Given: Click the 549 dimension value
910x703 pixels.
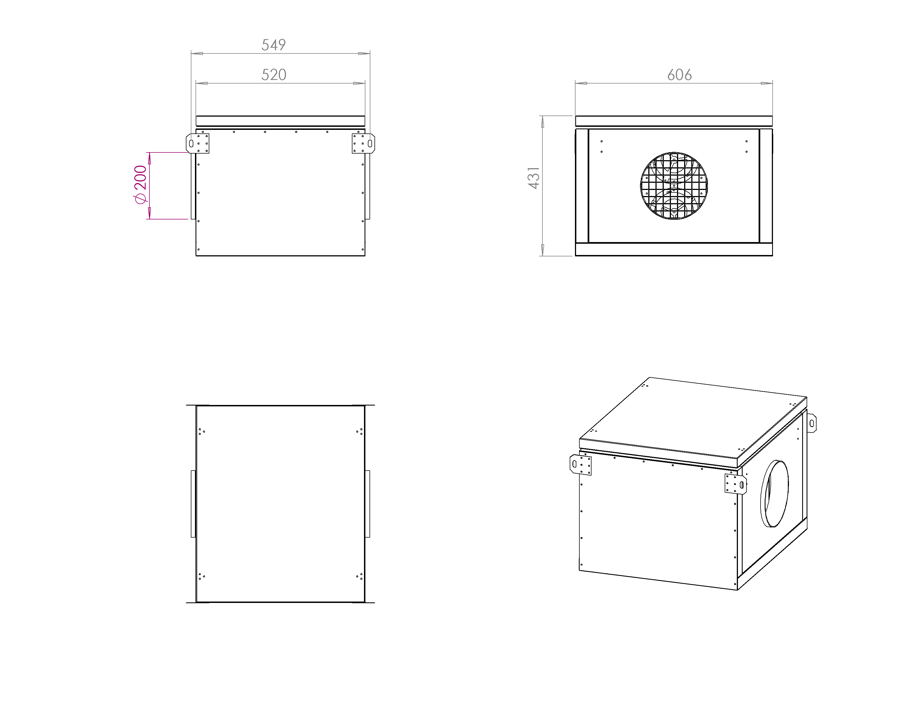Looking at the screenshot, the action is tap(273, 45).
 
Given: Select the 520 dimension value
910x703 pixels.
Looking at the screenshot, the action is tap(274, 74).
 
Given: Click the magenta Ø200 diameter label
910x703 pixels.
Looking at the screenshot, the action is tap(140, 184).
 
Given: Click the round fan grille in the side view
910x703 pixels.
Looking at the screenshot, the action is tap(674, 186).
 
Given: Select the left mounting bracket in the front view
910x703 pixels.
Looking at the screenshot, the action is tap(197, 143).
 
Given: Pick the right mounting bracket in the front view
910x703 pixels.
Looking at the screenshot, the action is tap(363, 143).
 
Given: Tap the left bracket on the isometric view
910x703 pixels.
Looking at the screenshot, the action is tap(580, 465).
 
